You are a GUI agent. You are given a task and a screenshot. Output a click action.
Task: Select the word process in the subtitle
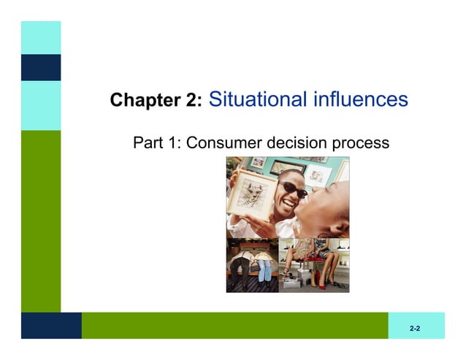coord(360,143)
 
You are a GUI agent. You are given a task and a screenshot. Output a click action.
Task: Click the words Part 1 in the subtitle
coord(156,142)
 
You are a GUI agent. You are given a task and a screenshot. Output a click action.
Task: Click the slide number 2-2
coord(414,329)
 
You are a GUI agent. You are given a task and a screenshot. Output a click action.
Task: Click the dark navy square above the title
coord(40,67)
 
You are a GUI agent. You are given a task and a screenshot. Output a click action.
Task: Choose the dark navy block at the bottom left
coord(50,326)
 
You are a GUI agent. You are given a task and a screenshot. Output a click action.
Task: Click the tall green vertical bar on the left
coord(40,219)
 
